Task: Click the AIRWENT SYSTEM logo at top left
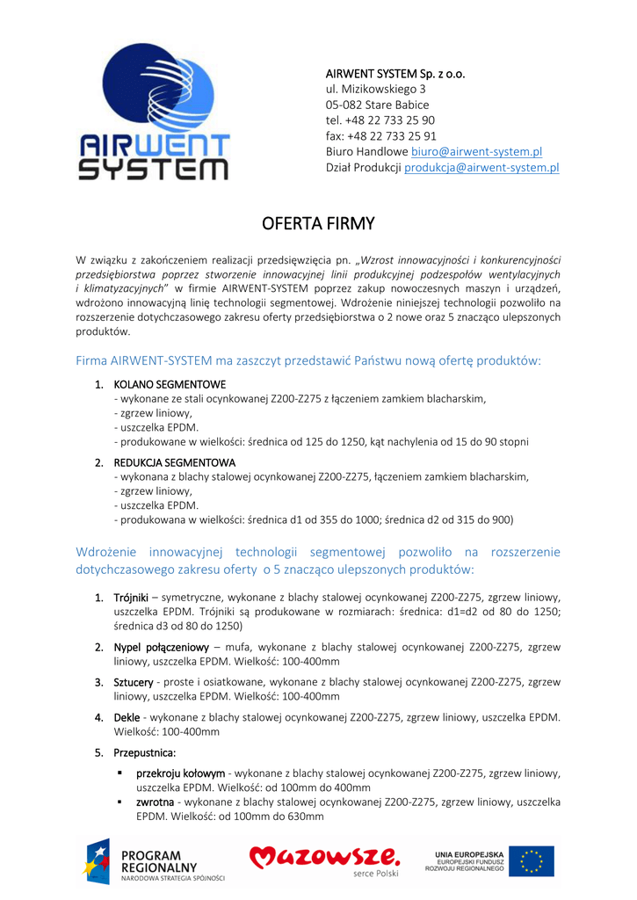pyautogui.click(x=154, y=112)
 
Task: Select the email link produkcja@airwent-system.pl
pyautogui.click(x=481, y=168)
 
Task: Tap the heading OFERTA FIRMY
pyautogui.click(x=318, y=224)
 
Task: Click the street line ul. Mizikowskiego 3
pyautogui.click(x=375, y=89)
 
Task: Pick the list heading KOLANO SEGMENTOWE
pyautogui.click(x=170, y=384)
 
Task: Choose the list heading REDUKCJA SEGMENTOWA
pyautogui.click(x=174, y=462)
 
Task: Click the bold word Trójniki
pyautogui.click(x=131, y=598)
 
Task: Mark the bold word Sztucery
pyautogui.click(x=134, y=682)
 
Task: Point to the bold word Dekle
pyautogui.click(x=127, y=717)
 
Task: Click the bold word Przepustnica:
pyautogui.click(x=144, y=752)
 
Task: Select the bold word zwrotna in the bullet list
pyautogui.click(x=155, y=802)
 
